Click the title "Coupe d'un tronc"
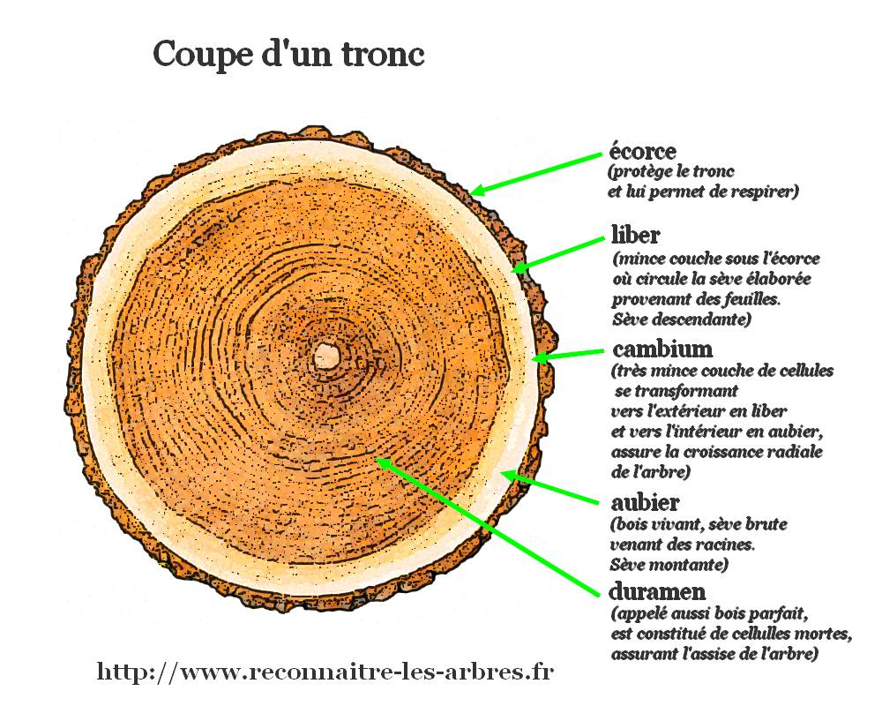coord(288,56)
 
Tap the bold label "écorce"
coord(642,151)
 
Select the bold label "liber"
coord(635,234)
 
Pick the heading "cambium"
coord(662,349)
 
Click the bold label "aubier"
coord(645,501)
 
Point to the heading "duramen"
coord(657,591)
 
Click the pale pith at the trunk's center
coord(327,357)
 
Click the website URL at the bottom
coord(325,672)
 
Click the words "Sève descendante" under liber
coord(682,319)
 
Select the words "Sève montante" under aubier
coord(669,564)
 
